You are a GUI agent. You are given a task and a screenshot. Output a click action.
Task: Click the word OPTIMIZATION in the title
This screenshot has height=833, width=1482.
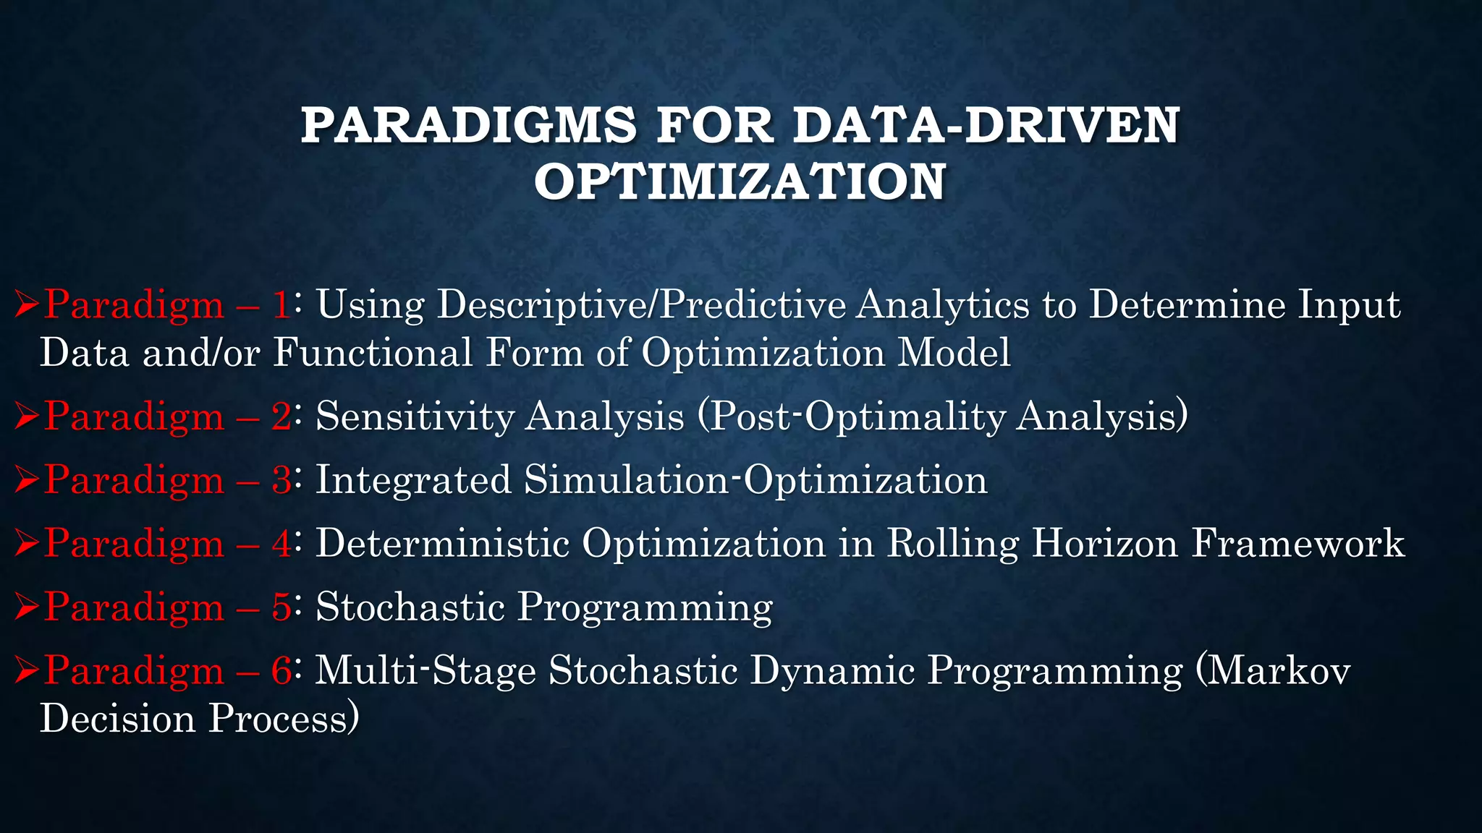[740, 181]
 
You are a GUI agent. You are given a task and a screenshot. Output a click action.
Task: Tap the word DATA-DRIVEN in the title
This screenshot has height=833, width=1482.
[986, 125]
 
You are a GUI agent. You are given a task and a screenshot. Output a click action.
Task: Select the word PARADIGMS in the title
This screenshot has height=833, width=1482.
[468, 125]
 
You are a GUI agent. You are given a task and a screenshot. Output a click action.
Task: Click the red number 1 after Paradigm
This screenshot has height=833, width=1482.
[281, 304]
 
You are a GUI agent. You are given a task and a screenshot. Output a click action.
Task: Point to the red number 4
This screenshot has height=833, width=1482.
[281, 543]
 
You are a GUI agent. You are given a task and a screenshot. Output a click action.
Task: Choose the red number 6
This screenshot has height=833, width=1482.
[281, 670]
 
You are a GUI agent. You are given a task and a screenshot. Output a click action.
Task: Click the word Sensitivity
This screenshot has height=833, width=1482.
[415, 417]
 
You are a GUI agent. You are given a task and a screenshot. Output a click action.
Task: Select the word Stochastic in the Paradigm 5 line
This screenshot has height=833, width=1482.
[410, 607]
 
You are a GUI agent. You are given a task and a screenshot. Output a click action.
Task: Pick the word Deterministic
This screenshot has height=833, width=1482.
[443, 543]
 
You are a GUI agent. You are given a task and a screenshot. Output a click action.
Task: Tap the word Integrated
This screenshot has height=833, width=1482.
[413, 480]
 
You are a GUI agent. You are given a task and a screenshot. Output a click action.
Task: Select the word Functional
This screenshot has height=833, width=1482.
[372, 354]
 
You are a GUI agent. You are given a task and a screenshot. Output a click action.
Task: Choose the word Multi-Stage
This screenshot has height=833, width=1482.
[425, 670]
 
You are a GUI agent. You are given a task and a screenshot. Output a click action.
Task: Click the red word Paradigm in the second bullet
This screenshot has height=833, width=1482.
[134, 417]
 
